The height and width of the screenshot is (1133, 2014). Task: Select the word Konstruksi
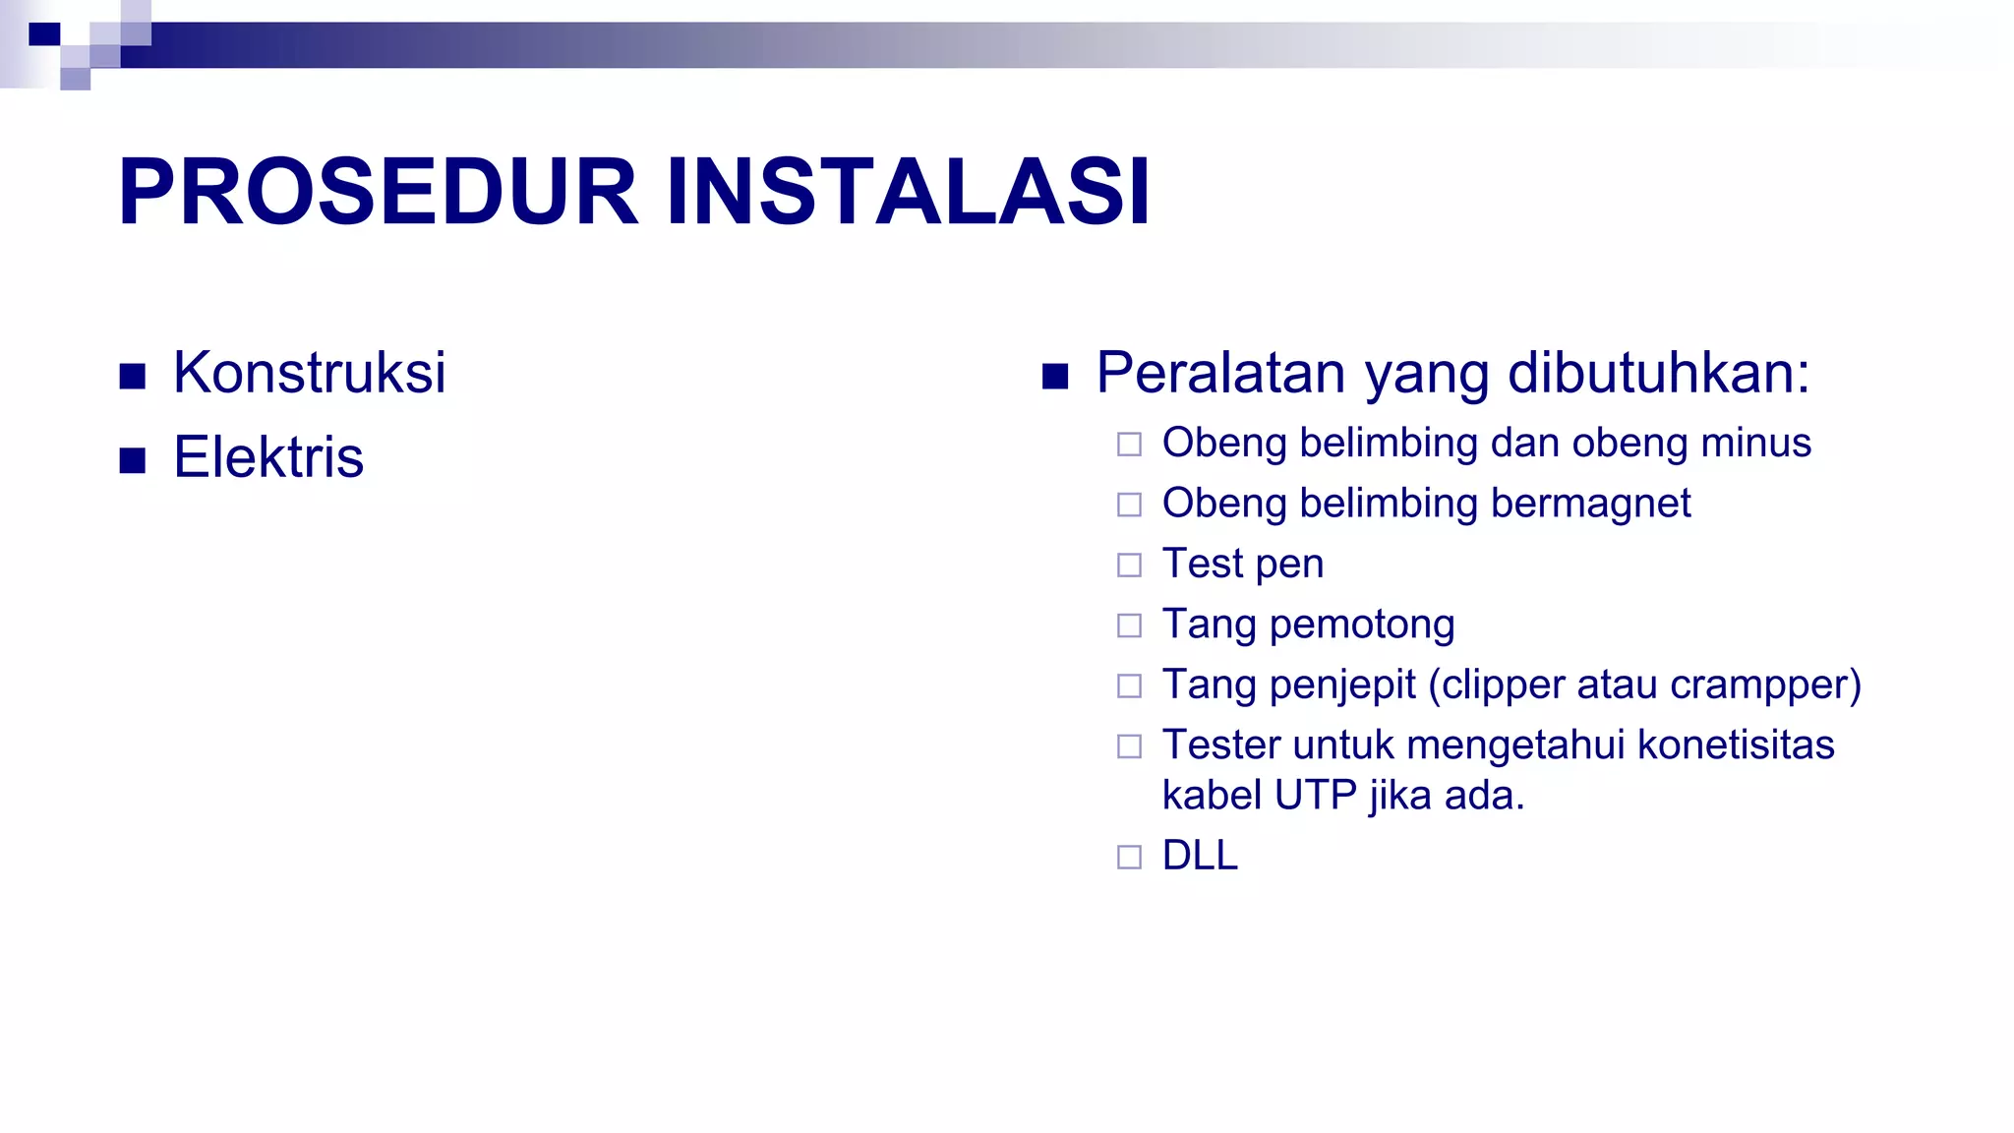click(x=309, y=374)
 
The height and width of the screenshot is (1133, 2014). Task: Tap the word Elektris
click(x=267, y=458)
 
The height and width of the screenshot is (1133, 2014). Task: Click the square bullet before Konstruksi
click(x=133, y=376)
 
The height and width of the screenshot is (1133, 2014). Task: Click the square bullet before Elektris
click(x=133, y=460)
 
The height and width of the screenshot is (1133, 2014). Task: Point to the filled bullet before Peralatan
click(x=1054, y=376)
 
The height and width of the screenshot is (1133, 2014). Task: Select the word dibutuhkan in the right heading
click(x=1658, y=374)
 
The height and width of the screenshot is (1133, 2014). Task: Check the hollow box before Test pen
click(x=1129, y=565)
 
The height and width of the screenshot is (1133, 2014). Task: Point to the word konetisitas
click(x=1736, y=745)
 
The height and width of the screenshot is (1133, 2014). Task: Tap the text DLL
click(x=1199, y=856)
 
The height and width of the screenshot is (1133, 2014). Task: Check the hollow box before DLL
click(x=1129, y=857)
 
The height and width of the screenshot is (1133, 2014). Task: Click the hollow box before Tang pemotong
click(x=1129, y=626)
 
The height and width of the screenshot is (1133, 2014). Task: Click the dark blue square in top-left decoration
click(x=44, y=34)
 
